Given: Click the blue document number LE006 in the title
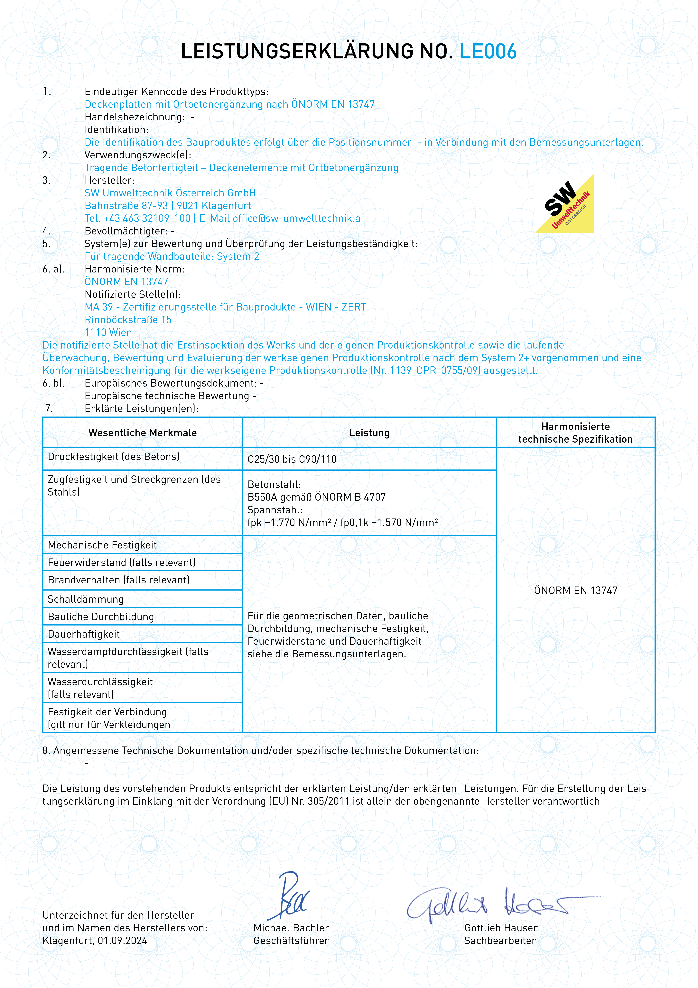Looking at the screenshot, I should [x=488, y=52].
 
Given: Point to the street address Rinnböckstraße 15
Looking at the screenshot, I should [x=128, y=320].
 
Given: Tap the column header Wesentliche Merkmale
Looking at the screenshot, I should [x=142, y=433].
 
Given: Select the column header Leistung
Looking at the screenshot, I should [x=369, y=433].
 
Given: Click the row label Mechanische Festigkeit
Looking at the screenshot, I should [x=102, y=545].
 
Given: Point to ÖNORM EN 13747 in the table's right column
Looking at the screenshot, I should [x=575, y=590].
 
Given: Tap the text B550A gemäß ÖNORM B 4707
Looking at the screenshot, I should [x=317, y=497].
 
